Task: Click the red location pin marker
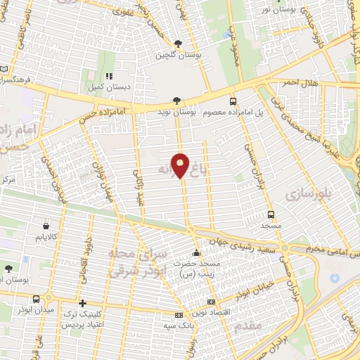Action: tap(181, 165)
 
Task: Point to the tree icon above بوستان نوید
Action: tap(178, 101)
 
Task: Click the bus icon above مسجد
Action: tap(271, 214)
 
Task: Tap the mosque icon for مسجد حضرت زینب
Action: tap(197, 253)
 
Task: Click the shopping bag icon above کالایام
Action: tap(46, 226)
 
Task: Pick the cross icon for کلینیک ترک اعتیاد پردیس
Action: tap(83, 304)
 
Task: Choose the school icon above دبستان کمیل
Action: tap(108, 75)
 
